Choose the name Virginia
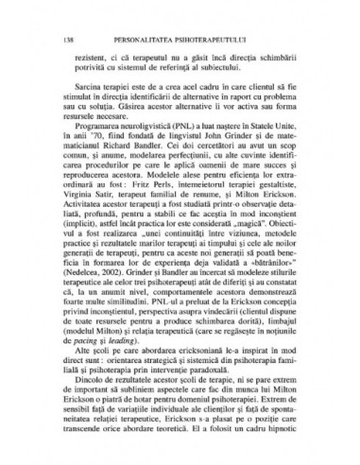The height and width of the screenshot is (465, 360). (92, 216)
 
